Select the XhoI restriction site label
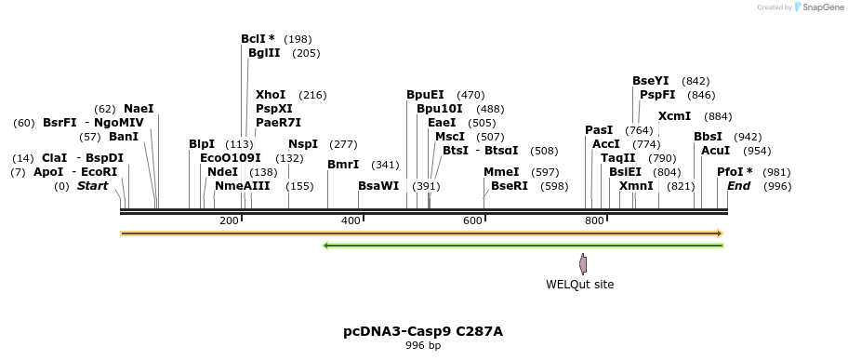tap(271, 95)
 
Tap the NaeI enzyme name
tap(139, 109)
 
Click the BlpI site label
tap(202, 144)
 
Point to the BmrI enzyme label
tap(343, 165)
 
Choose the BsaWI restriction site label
tap(378, 186)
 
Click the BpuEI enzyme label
tap(425, 95)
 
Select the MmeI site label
tap(501, 172)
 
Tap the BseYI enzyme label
tap(650, 81)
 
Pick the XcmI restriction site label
tap(674, 116)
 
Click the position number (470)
tap(470, 95)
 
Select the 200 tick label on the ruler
tap(229, 220)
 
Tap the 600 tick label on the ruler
tap(472, 220)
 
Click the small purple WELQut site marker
tap(583, 263)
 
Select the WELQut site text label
tap(579, 285)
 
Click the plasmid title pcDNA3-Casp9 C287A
tap(423, 331)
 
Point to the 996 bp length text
tap(423, 346)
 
